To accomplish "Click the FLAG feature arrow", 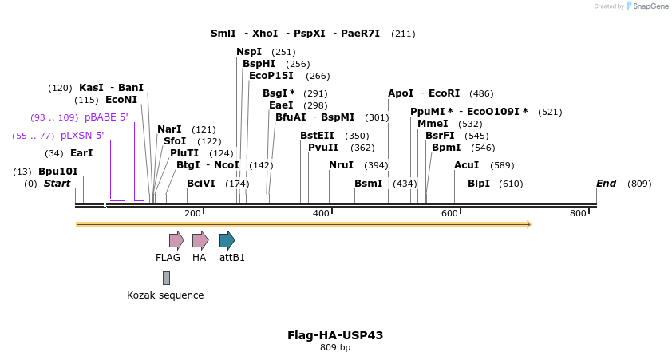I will point(176,240).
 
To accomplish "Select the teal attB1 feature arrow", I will point(227,240).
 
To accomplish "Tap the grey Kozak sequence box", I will point(166,278).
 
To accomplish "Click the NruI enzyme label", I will point(341,165).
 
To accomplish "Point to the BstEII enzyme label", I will point(318,136).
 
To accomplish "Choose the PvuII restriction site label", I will point(323,147).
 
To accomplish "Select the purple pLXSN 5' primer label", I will point(82,136).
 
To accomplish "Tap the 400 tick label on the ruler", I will point(321,213).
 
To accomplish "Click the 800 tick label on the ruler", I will point(578,213).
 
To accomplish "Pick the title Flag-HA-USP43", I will point(335,335).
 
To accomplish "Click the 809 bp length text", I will point(335,348).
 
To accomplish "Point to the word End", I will point(606,184).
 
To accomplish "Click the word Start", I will point(57,184).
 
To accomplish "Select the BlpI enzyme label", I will point(479,184).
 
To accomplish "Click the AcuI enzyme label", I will point(467,165).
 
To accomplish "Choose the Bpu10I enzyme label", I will point(58,172).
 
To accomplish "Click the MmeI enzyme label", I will point(433,124).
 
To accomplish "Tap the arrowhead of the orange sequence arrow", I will point(528,224).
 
